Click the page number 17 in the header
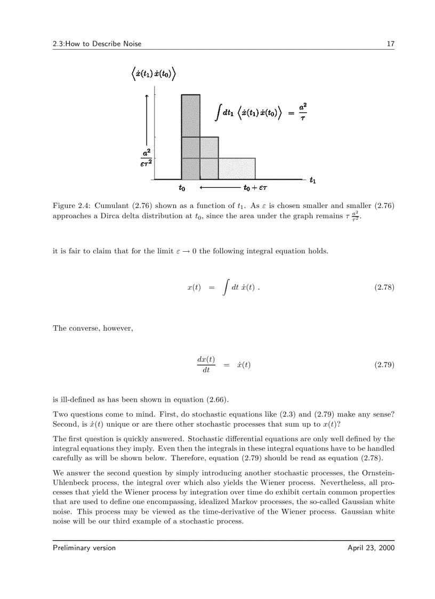click(x=390, y=44)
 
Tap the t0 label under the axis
click(x=182, y=188)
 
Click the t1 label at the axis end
click(x=312, y=180)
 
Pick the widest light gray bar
click(x=237, y=169)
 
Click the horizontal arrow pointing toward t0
click(x=219, y=188)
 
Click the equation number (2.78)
click(x=384, y=287)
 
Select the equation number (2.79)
click(x=384, y=365)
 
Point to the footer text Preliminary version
click(x=84, y=548)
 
